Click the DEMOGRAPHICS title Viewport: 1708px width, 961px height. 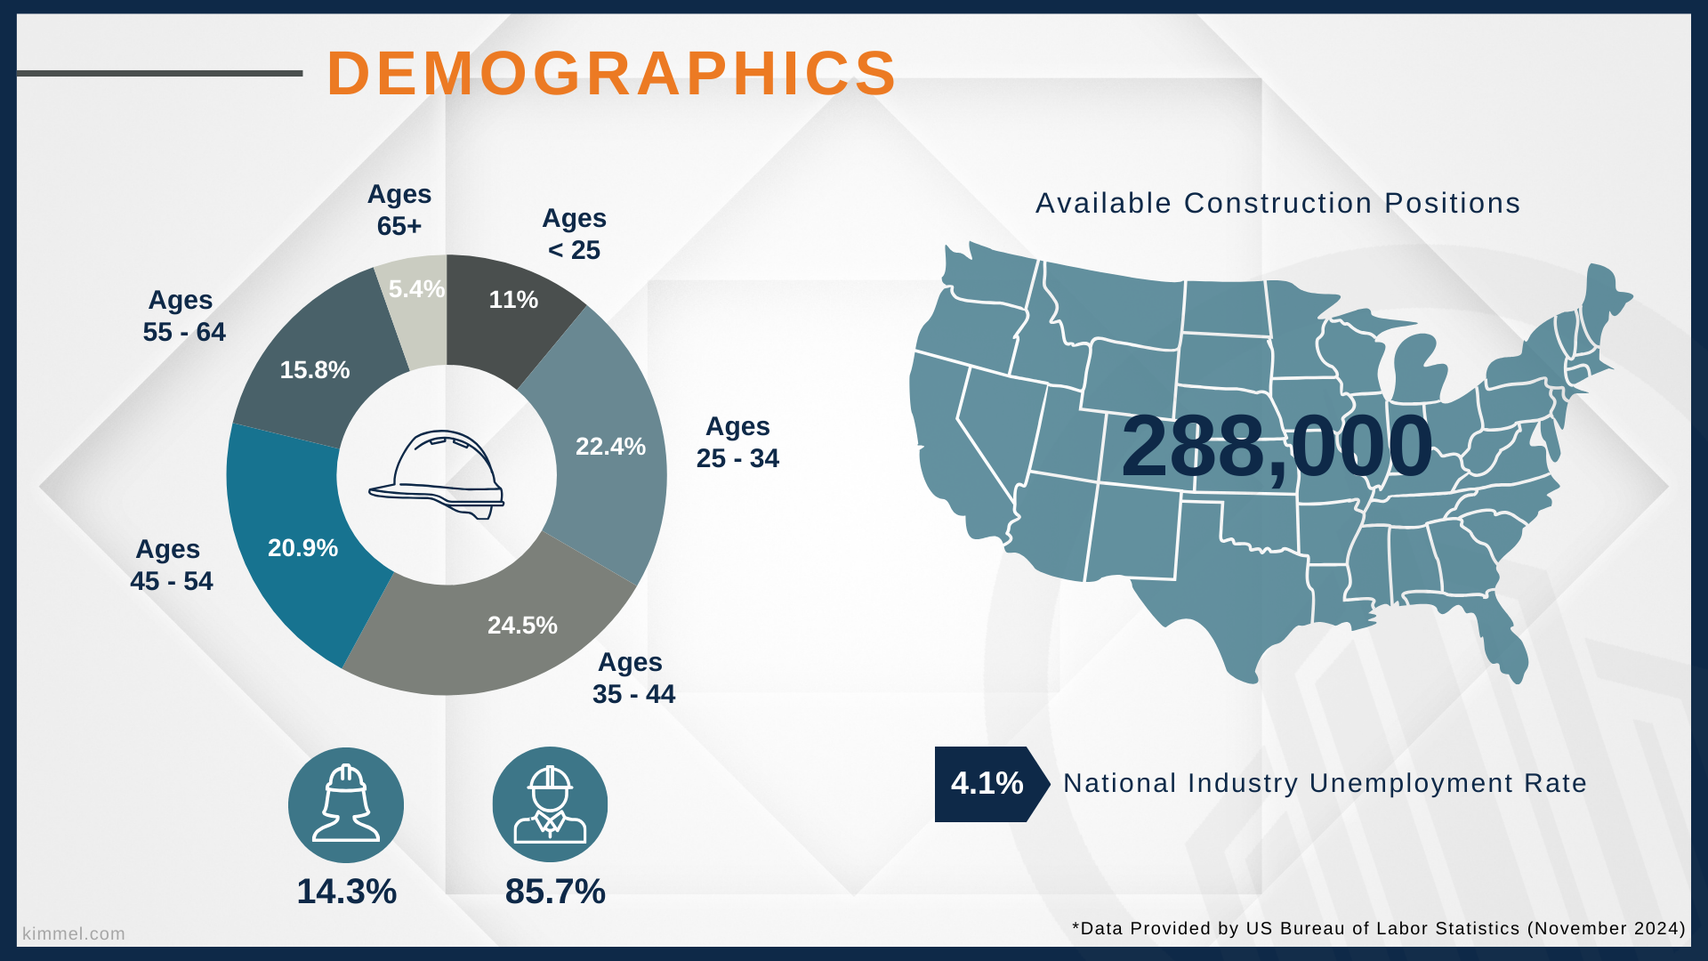coord(612,73)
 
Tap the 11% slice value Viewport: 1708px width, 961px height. coord(513,300)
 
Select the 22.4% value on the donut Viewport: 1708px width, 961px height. coord(610,447)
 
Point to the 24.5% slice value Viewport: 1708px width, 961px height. coord(522,626)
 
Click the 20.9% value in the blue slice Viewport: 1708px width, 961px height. coord(302,548)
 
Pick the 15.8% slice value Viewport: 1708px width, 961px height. coord(315,370)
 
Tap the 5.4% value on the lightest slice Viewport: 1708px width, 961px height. coord(416,289)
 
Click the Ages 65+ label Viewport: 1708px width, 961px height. coord(399,210)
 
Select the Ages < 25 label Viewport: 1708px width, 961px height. coord(575,234)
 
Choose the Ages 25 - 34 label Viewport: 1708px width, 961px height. coord(737,442)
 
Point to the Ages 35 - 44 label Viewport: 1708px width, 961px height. coord(633,678)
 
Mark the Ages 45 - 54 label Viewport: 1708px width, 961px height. coord(171,565)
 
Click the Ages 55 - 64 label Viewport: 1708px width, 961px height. coord(184,316)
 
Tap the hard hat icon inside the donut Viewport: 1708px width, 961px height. coord(437,475)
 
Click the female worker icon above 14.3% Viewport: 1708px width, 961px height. coord(346,805)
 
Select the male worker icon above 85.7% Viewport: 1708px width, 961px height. coord(550,804)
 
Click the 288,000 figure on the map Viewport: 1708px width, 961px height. coord(1277,448)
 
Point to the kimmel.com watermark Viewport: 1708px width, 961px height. coord(74,933)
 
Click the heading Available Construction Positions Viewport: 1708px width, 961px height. coord(1277,204)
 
